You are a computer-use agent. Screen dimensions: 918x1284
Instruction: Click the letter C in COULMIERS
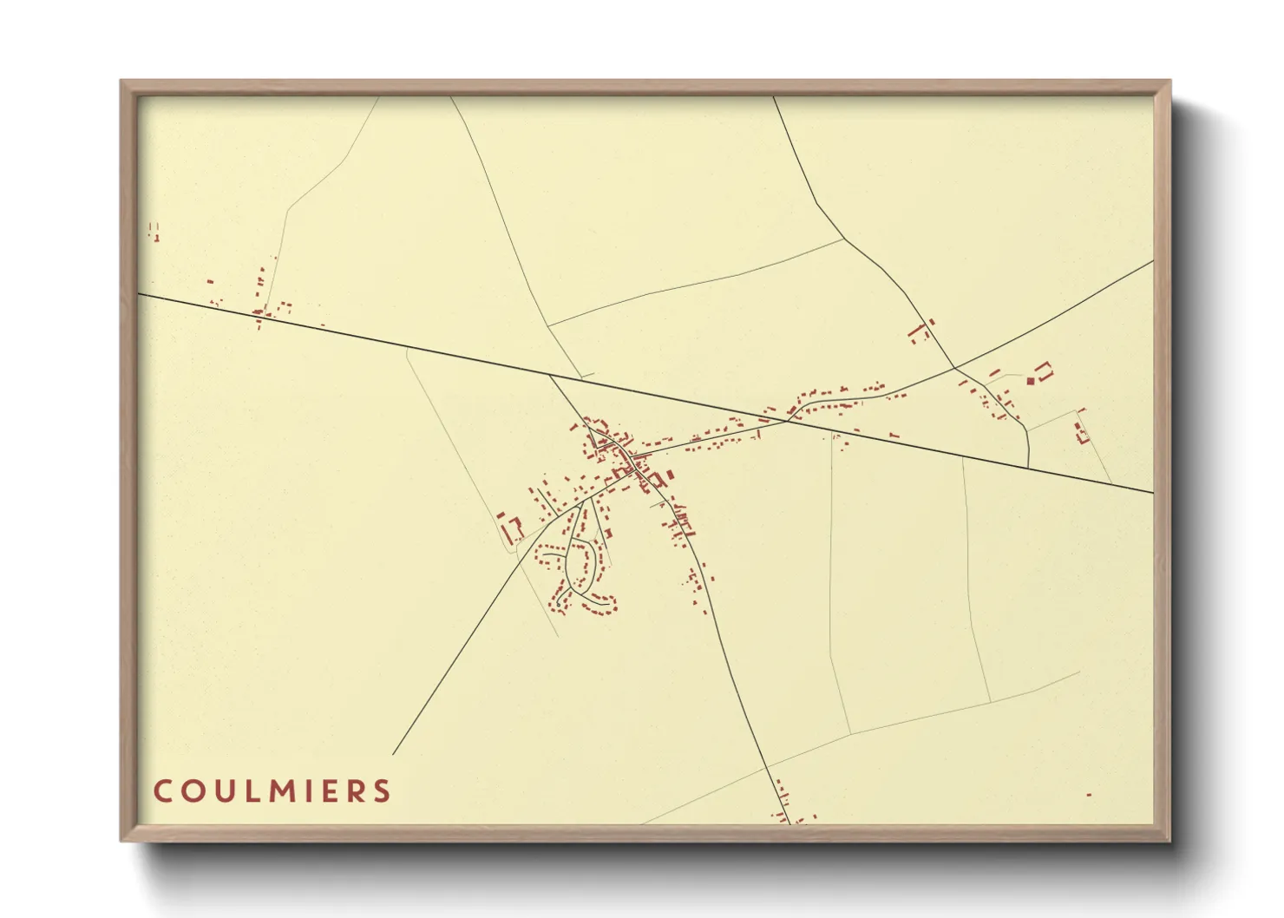pyautogui.click(x=161, y=791)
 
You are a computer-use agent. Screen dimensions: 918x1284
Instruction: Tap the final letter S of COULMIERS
pyautogui.click(x=383, y=791)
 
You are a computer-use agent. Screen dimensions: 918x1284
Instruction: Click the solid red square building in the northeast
pyautogui.click(x=1031, y=380)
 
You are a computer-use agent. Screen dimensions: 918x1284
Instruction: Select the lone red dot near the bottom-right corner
pyautogui.click(x=1089, y=795)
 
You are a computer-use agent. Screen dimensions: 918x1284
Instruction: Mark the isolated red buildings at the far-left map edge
pyautogui.click(x=154, y=231)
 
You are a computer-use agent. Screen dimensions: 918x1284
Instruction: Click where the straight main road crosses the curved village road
pyautogui.click(x=788, y=421)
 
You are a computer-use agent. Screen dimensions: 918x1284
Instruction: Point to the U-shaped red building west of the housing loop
pyautogui.click(x=513, y=528)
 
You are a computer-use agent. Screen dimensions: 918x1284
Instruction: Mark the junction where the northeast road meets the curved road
pyautogui.click(x=954, y=368)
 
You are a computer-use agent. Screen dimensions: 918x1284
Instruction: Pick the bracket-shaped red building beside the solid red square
pyautogui.click(x=1045, y=371)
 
